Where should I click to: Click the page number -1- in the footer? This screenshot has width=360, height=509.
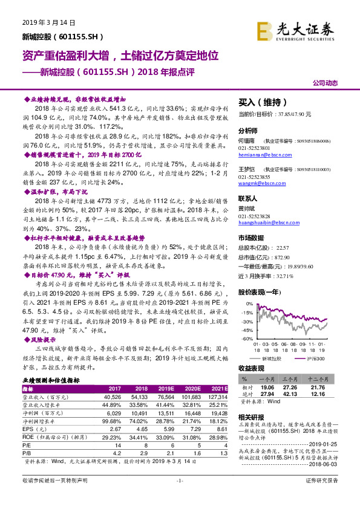(179, 496)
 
